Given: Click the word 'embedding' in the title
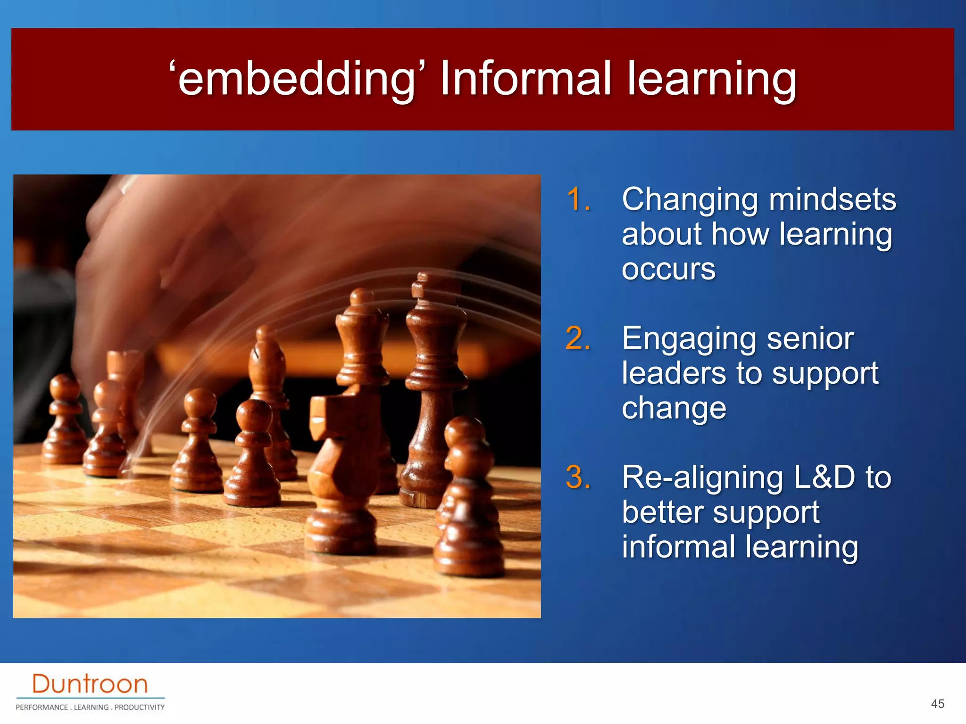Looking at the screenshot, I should click(296, 79).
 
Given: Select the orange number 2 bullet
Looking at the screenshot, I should click(578, 338).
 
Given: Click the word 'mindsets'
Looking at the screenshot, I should click(832, 200).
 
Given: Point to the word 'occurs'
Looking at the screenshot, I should click(668, 269).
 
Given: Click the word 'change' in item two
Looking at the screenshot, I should click(674, 408).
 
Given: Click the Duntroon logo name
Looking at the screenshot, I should click(90, 684).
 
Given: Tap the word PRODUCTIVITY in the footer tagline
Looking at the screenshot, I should click(140, 708).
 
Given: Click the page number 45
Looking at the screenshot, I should click(937, 704).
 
